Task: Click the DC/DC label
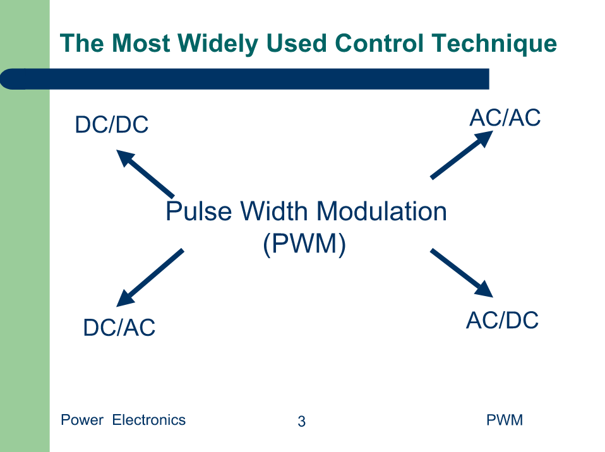click(112, 124)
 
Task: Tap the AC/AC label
click(505, 117)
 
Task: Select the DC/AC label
click(119, 328)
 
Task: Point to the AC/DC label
click(502, 320)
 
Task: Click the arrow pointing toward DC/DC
click(145, 174)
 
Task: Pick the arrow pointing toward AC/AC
click(462, 155)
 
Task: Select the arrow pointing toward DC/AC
click(150, 278)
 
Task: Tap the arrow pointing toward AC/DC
click(462, 273)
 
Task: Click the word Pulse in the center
click(199, 211)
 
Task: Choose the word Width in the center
click(274, 211)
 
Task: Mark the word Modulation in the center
click(381, 211)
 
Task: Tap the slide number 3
click(302, 421)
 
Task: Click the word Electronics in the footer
click(149, 420)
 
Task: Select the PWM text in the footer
click(505, 420)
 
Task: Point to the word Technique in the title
click(494, 43)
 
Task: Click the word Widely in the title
click(218, 43)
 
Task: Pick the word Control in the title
click(380, 43)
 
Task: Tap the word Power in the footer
click(82, 420)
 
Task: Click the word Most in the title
click(141, 43)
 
